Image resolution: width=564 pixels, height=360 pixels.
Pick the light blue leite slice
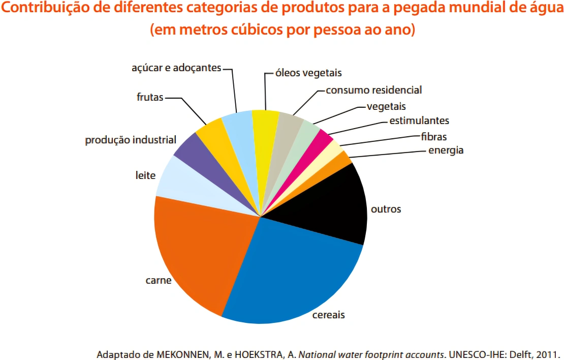tap(188, 183)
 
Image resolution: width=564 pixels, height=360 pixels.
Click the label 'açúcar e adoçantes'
tap(176, 68)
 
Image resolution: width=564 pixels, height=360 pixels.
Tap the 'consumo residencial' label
tap(373, 90)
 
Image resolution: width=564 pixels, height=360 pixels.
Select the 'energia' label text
tap(446, 150)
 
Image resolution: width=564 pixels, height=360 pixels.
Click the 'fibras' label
tap(433, 136)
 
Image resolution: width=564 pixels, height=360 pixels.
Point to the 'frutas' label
tap(150, 97)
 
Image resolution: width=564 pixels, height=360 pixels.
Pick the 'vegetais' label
tap(386, 106)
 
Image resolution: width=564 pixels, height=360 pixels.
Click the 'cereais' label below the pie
tap(329, 315)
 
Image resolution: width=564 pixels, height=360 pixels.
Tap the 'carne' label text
tap(158, 280)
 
